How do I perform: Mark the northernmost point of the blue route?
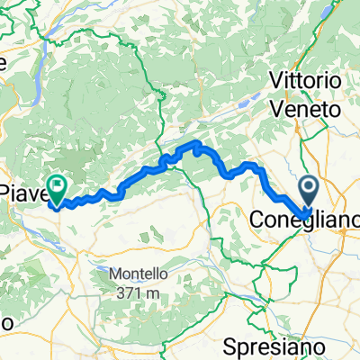click(x=192, y=143)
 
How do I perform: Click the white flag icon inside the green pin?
click(x=59, y=186)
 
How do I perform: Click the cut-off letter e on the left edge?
click(x=3, y=63)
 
